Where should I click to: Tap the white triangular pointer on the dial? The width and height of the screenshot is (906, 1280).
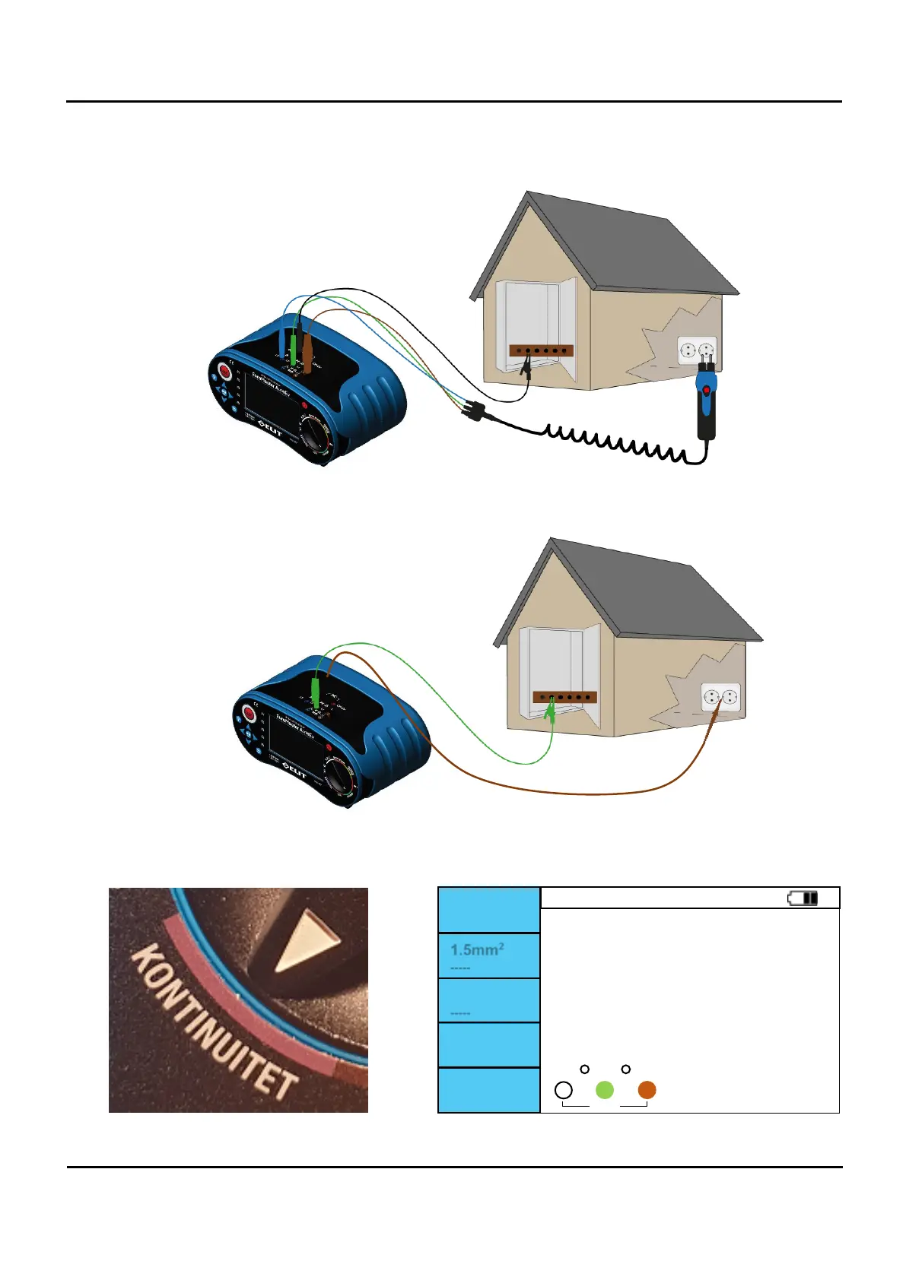pos(304,942)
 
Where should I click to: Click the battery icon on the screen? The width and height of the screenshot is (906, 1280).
pos(803,898)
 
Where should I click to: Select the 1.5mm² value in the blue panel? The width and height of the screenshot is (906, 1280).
pos(477,950)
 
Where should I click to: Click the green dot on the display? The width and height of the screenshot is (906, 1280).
pos(605,1090)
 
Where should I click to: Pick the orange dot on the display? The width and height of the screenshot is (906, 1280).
pos(647,1090)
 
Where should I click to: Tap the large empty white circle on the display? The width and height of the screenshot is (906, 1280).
pos(564,1090)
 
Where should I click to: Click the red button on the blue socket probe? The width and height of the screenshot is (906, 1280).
pos(707,391)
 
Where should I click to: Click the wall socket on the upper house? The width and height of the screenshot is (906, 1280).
pos(697,350)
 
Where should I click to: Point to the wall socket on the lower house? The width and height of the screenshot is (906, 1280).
pos(720,696)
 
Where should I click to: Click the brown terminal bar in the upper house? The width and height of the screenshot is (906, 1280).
pos(540,351)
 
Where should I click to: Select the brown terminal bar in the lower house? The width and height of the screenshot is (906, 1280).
pos(564,697)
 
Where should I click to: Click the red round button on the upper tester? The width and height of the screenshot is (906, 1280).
pos(225,372)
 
